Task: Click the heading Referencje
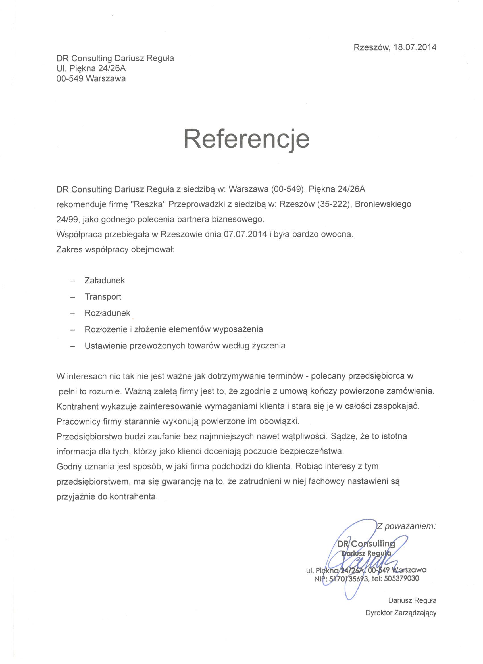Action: [247, 139]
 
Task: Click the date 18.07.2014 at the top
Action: [415, 47]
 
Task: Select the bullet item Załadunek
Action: [105, 281]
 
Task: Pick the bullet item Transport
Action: [103, 296]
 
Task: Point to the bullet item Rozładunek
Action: [107, 313]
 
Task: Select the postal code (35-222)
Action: [334, 204]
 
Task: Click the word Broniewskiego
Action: [383, 204]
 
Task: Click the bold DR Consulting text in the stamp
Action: [366, 544]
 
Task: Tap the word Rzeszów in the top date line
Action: [372, 47]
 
